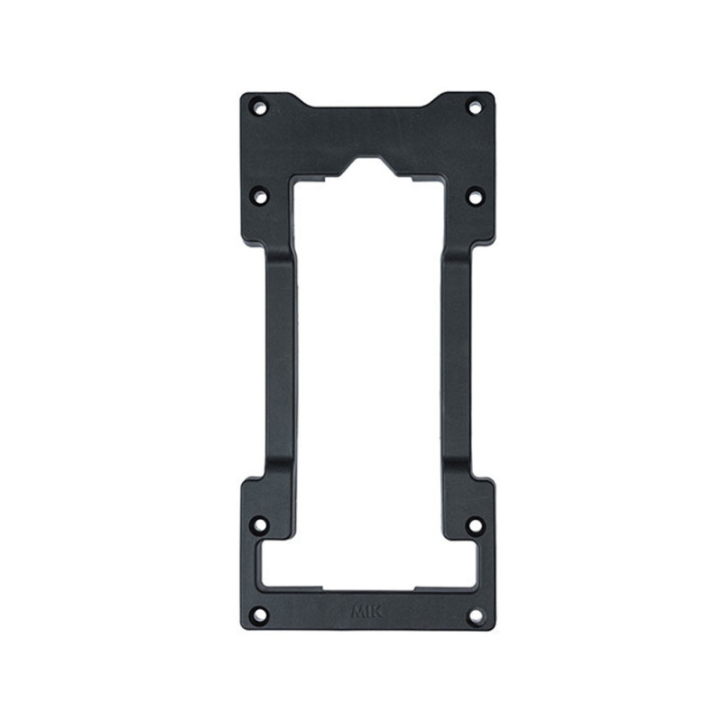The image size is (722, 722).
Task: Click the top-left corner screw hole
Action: [259, 108]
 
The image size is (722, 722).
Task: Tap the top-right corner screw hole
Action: [474, 107]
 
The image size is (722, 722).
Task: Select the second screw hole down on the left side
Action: [260, 194]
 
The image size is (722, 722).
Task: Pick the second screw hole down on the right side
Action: [474, 194]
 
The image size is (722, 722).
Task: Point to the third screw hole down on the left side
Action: [260, 523]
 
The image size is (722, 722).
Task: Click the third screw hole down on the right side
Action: [475, 523]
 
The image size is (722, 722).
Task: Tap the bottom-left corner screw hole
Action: [259, 616]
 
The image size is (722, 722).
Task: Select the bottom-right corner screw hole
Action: [476, 616]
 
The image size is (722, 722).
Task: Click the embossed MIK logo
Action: [366, 611]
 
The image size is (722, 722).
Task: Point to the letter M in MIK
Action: [357, 611]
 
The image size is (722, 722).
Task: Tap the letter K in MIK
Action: [376, 611]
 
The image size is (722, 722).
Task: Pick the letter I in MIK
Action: [367, 611]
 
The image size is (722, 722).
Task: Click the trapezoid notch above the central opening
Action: [367, 168]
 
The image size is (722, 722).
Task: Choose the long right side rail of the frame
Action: [456, 361]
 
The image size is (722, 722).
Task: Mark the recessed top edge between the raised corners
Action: [367, 110]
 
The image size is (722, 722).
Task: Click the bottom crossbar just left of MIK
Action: [307, 606]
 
